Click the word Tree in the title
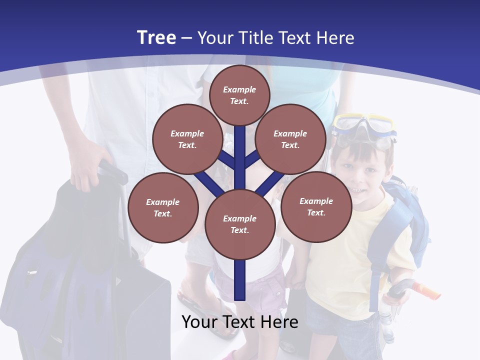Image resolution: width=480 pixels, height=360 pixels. tap(156, 38)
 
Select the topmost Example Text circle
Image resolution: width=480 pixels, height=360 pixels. tap(239, 95)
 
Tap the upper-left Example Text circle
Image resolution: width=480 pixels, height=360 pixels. tap(187, 139)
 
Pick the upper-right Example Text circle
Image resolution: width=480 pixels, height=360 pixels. tap(290, 139)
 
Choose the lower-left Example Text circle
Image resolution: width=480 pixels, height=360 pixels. tap(163, 207)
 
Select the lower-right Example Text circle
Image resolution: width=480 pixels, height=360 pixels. tap(316, 206)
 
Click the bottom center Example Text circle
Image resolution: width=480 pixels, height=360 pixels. tap(239, 224)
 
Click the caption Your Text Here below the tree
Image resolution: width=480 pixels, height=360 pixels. tap(239, 322)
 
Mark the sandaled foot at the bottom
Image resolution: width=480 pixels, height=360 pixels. tap(200, 307)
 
